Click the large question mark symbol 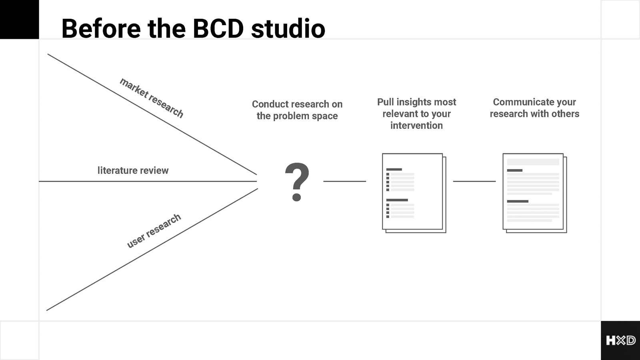click(x=297, y=182)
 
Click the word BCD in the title click(x=218, y=28)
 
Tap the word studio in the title click(x=288, y=28)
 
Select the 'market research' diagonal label click(x=152, y=98)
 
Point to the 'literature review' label click(x=133, y=170)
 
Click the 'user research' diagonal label click(x=154, y=230)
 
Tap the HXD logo click(x=620, y=340)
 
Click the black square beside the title click(x=20, y=20)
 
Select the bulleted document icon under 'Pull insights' click(x=414, y=193)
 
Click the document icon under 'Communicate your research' click(x=534, y=193)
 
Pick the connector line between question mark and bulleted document click(x=344, y=181)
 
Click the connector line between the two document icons click(x=474, y=181)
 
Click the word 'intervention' click(x=416, y=126)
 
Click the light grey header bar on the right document click(x=533, y=162)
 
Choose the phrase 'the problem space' click(x=297, y=116)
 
